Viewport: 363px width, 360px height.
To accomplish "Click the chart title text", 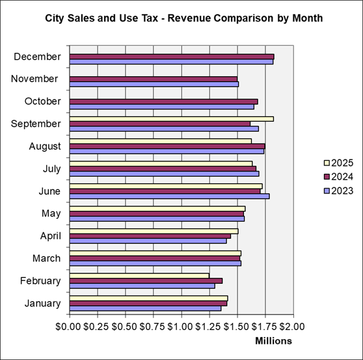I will click(x=183, y=18).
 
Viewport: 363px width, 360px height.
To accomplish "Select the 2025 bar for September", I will click(x=171, y=118).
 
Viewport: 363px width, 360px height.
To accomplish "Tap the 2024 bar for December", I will click(x=171, y=57).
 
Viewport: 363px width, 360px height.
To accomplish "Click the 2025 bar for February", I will click(x=139, y=275).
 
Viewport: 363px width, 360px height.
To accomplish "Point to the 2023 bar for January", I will click(x=145, y=308).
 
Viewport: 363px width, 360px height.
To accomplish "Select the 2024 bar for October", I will click(x=163, y=102).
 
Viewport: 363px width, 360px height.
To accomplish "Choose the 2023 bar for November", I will click(x=154, y=84).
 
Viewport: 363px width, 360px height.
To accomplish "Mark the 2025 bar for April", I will click(x=154, y=230).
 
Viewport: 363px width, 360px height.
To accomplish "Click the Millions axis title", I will click(x=273, y=340).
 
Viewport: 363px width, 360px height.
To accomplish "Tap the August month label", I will click(x=45, y=146).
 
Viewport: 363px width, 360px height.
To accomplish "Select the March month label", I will click(x=47, y=258).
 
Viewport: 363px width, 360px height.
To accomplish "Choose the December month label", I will click(x=37, y=57).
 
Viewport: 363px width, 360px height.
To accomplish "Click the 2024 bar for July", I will click(x=163, y=169).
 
